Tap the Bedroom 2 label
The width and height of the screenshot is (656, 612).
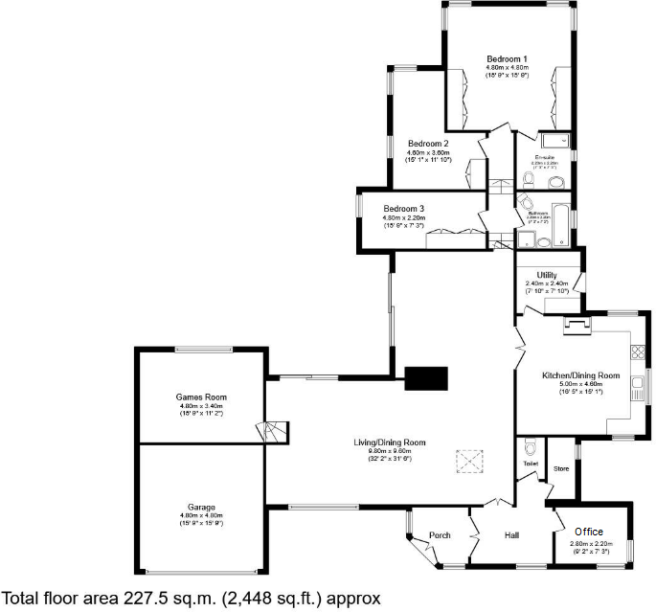(x=428, y=143)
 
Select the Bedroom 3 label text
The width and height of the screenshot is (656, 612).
(x=404, y=208)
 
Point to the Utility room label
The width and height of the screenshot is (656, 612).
(x=547, y=275)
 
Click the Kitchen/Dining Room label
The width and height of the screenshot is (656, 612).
(x=580, y=374)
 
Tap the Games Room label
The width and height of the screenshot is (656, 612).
(x=201, y=397)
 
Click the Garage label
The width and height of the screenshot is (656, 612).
(x=201, y=507)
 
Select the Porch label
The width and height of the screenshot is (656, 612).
(x=440, y=534)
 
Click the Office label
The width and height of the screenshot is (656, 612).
(x=588, y=532)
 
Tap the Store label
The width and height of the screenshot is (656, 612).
(x=561, y=469)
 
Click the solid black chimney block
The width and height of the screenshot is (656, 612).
(x=427, y=378)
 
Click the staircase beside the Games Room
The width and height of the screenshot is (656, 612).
(x=273, y=431)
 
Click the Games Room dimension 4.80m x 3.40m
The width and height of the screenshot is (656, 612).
(x=201, y=406)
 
